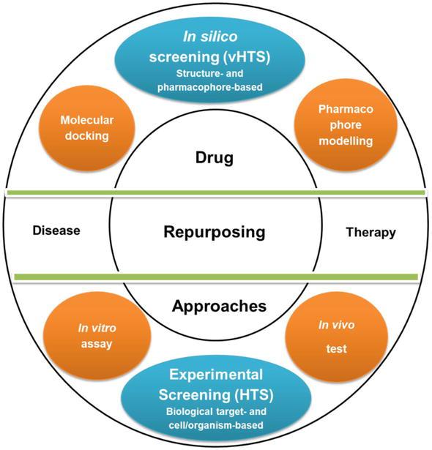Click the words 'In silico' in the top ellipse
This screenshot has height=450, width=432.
click(x=210, y=37)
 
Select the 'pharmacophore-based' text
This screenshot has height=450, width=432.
click(x=210, y=87)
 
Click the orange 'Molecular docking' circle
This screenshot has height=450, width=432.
click(x=87, y=128)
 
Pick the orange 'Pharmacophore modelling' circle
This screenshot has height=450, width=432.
click(x=346, y=125)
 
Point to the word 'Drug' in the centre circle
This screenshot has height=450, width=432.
click(x=215, y=157)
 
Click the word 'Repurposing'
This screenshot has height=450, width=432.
click(x=215, y=232)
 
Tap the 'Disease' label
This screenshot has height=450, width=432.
click(x=56, y=230)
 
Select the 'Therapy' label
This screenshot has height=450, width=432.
click(x=370, y=233)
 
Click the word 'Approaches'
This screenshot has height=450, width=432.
click(x=219, y=306)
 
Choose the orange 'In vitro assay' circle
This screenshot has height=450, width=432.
click(x=97, y=336)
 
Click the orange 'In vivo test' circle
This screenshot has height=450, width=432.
click(x=337, y=337)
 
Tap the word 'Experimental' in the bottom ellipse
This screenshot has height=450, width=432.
click(x=216, y=375)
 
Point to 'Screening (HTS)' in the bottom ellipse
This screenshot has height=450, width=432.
click(x=216, y=394)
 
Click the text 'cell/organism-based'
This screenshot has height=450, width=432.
click(x=216, y=425)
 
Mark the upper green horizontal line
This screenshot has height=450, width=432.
click(x=216, y=192)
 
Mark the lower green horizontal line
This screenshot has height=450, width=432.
click(x=216, y=277)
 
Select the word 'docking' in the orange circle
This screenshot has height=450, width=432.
click(x=87, y=136)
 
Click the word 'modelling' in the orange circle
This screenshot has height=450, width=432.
click(x=346, y=141)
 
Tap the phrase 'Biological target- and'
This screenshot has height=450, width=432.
click(x=216, y=411)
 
